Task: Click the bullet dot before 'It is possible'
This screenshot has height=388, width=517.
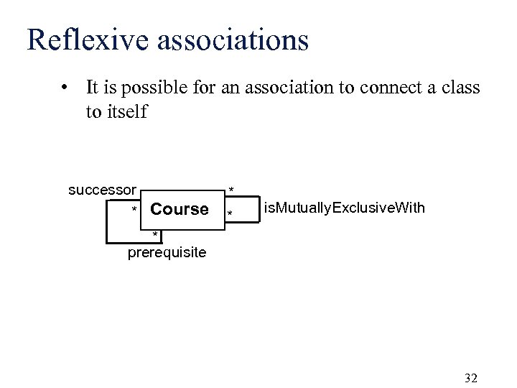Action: (x=65, y=88)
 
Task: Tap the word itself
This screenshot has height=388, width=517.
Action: (x=125, y=111)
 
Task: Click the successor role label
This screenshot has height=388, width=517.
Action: (x=102, y=190)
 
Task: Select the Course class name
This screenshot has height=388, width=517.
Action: (x=180, y=209)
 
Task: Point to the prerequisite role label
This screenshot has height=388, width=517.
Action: (x=167, y=252)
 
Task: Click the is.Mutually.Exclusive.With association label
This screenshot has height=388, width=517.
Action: (x=344, y=208)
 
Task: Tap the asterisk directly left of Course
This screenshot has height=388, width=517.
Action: (x=134, y=210)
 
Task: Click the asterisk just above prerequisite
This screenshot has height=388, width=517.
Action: (x=155, y=236)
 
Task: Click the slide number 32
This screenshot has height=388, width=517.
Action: (x=471, y=378)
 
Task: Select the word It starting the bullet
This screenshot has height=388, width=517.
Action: (x=92, y=88)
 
